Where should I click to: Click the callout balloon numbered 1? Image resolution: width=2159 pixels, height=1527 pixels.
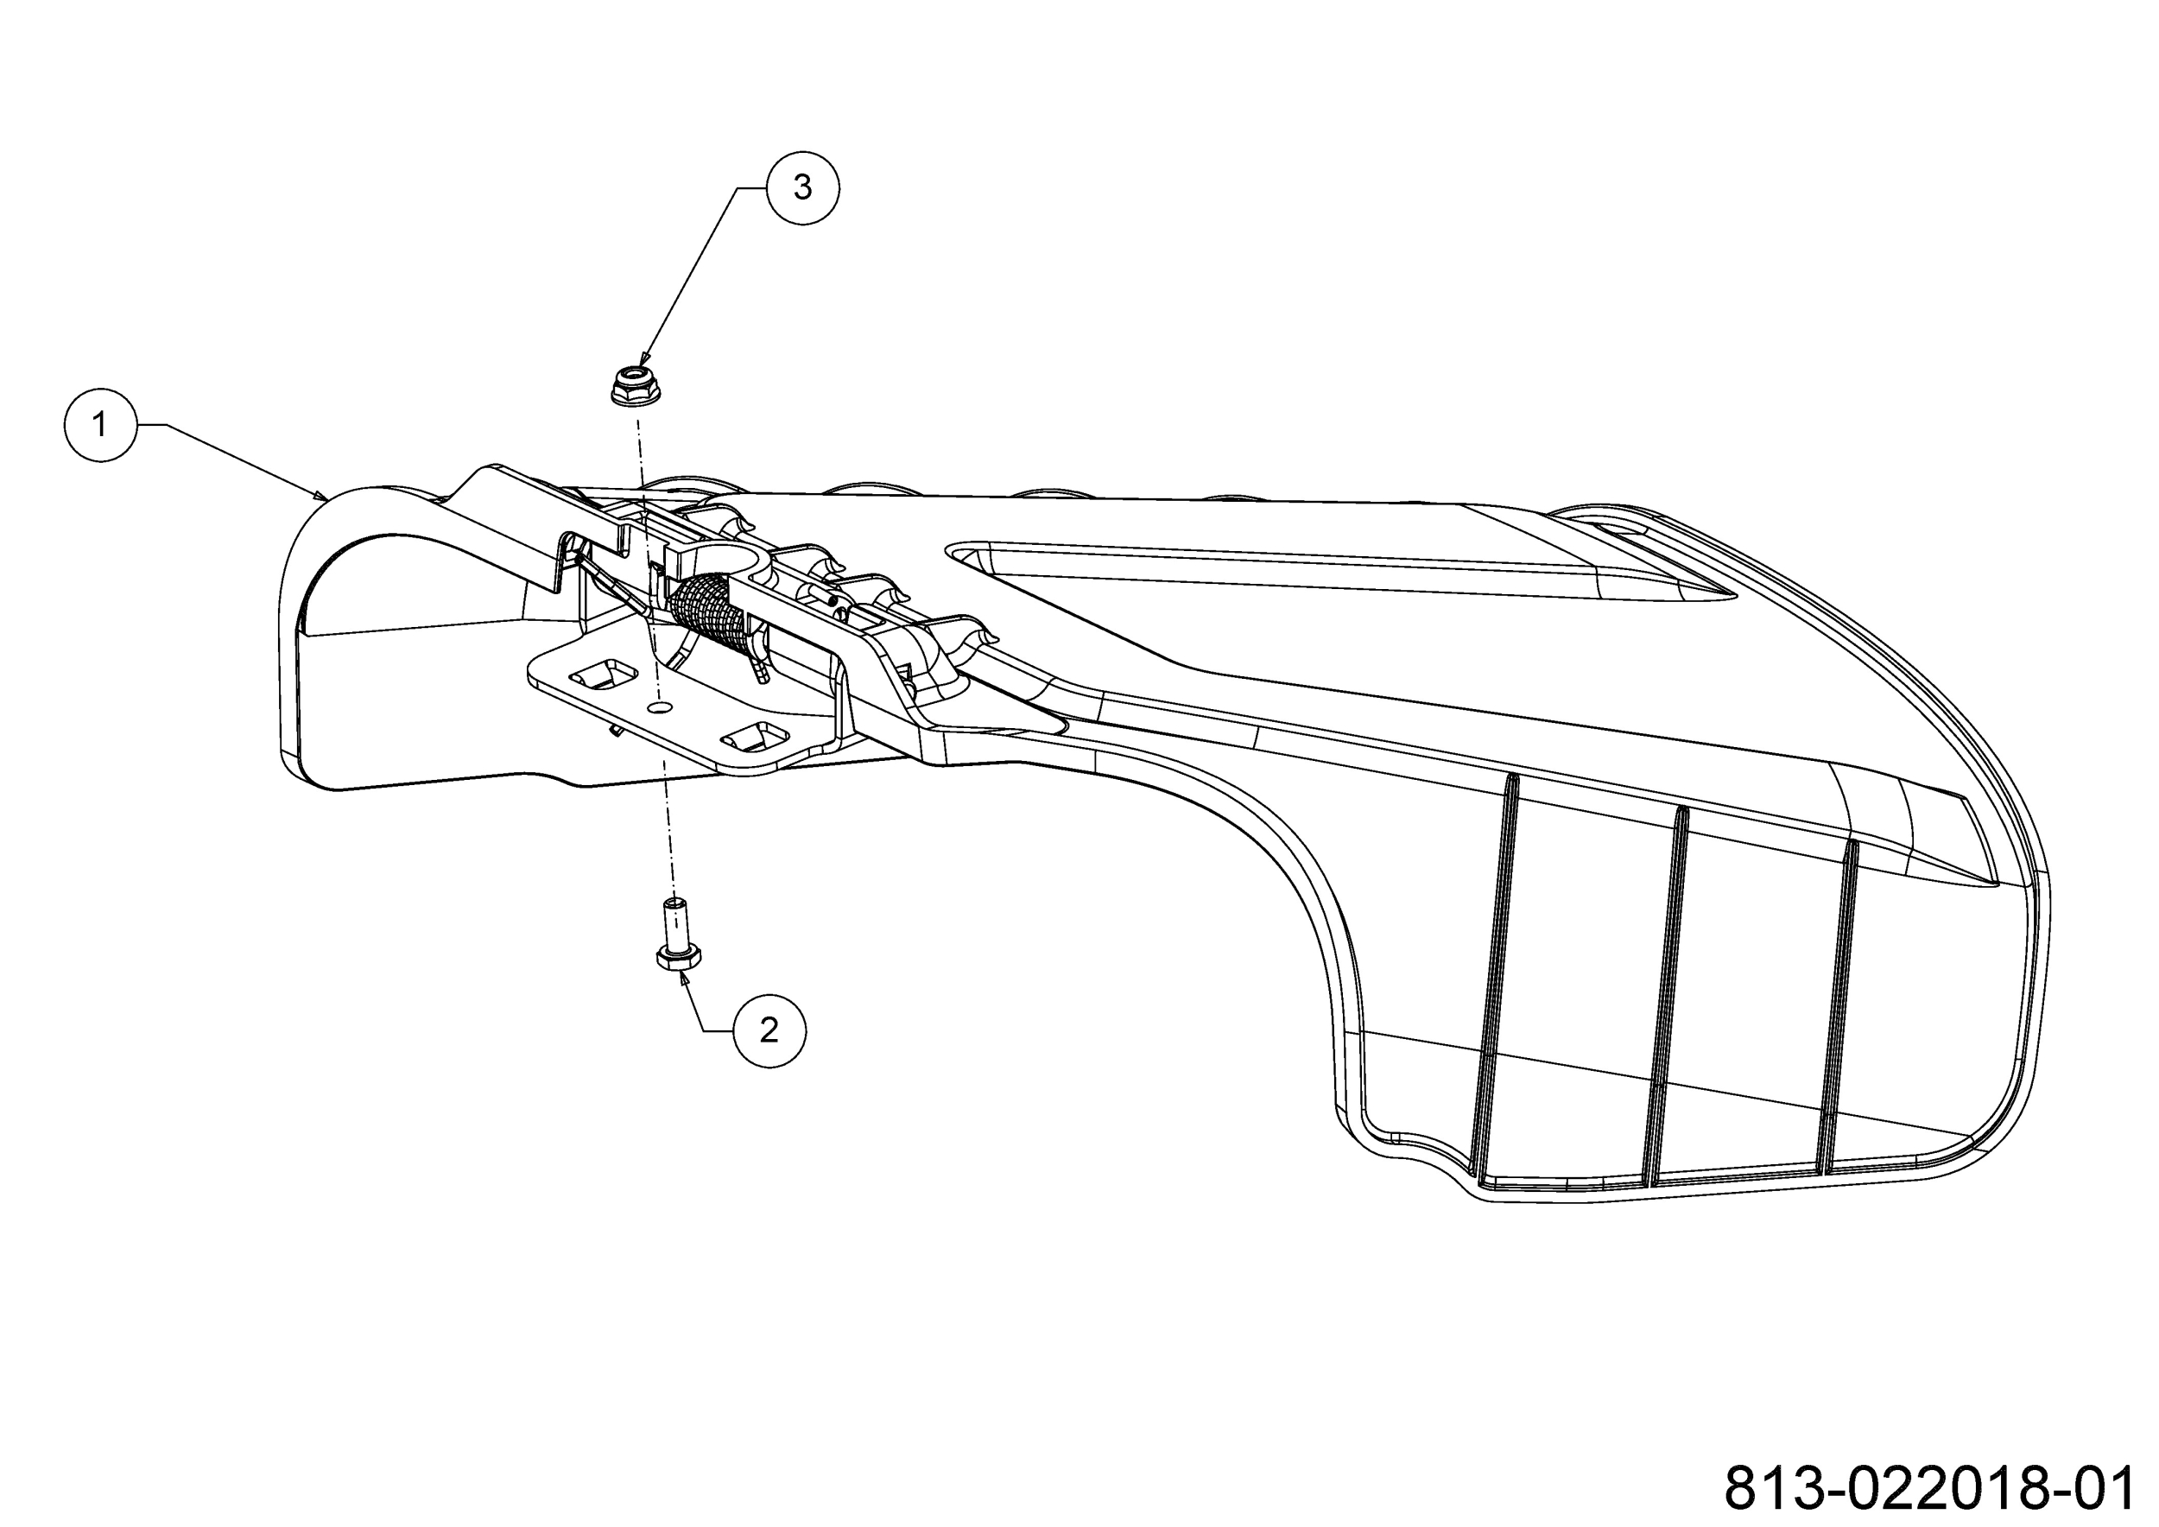point(101,425)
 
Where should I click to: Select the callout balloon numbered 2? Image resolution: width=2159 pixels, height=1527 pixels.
point(769,1030)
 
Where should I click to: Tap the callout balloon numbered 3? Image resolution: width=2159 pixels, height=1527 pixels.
point(802,187)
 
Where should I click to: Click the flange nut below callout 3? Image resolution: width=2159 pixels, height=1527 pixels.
point(635,386)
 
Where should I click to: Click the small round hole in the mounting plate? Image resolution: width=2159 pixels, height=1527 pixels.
point(663,702)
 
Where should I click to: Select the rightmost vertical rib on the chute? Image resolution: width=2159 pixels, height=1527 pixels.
point(1839,1005)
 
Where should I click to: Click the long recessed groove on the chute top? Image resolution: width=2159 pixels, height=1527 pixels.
point(1345,568)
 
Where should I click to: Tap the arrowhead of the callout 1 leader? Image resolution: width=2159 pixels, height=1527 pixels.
point(320,495)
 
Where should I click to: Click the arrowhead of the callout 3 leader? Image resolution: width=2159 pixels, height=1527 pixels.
point(643,360)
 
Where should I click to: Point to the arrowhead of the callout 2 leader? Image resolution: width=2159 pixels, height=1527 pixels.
point(684,978)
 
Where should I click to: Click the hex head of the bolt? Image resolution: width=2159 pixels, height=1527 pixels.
point(677,957)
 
